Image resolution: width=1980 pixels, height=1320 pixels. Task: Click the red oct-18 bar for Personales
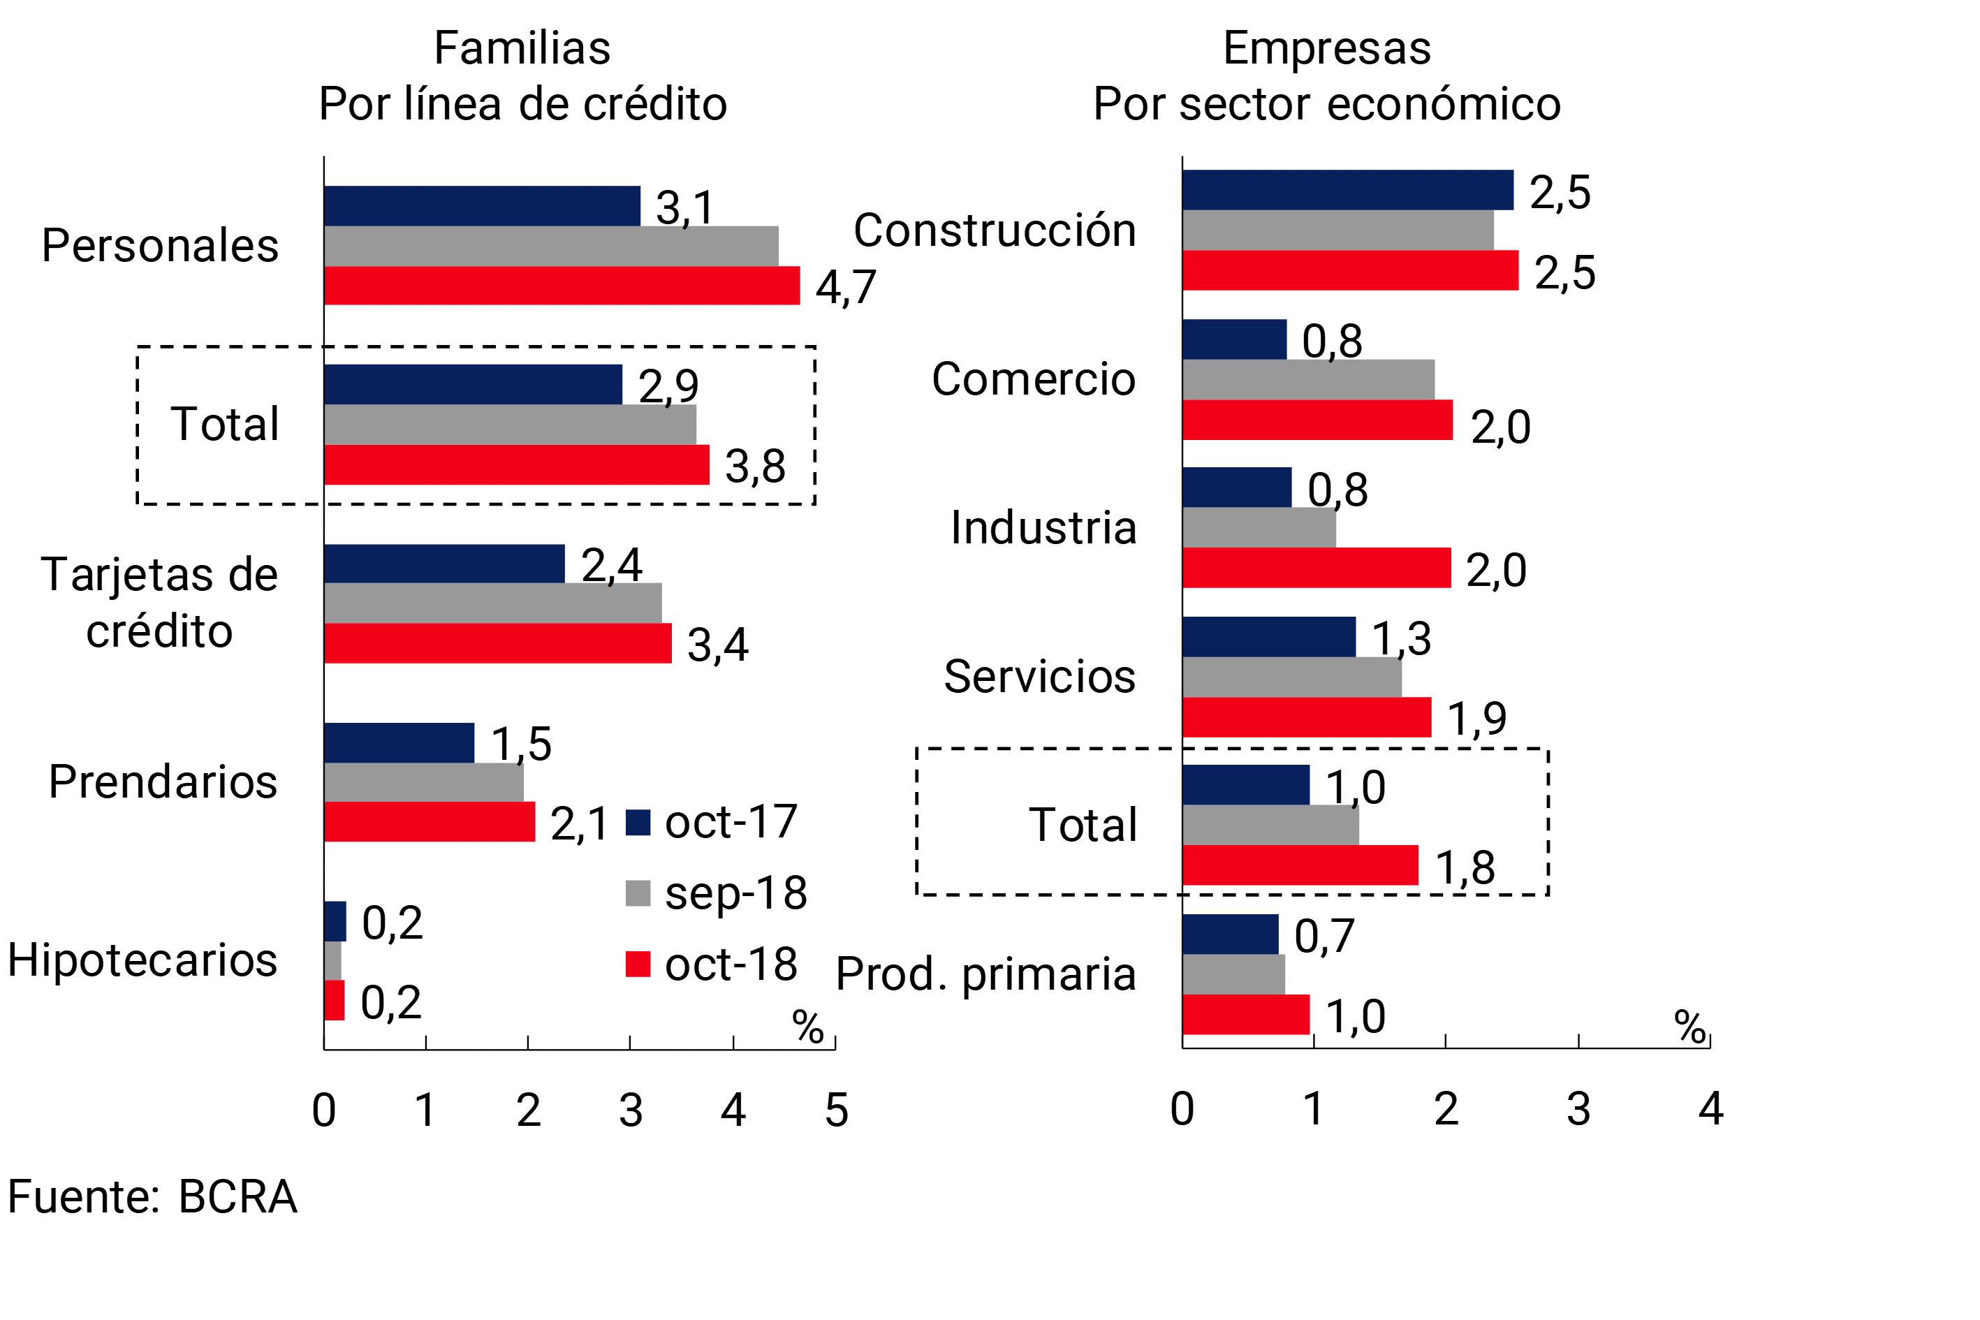tap(562, 286)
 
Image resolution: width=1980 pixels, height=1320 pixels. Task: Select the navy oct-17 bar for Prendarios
tap(399, 742)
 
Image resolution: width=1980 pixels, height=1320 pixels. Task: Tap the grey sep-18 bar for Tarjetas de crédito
tap(492, 603)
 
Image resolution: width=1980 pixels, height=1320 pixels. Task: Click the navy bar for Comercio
tap(1234, 339)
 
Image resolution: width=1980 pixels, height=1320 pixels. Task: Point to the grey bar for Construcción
tap(1337, 230)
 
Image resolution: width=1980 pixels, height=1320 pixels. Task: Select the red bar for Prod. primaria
tap(1246, 1014)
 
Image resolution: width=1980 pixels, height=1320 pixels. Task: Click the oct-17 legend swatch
tap(638, 823)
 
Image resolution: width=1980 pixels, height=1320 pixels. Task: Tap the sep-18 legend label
tap(735, 893)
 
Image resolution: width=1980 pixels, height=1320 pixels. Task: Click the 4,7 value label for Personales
tap(845, 287)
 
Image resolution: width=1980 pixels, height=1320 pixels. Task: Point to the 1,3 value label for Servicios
tap(1402, 638)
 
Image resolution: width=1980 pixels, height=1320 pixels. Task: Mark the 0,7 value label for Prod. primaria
tap(1324, 935)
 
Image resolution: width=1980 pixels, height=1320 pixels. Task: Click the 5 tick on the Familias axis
tap(836, 1110)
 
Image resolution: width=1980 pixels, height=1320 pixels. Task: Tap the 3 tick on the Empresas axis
tap(1578, 1108)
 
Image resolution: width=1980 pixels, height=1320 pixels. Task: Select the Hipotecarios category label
tap(142, 960)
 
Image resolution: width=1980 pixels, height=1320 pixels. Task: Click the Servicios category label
tap(1040, 676)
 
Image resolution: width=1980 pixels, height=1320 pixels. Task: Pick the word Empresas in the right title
tap(1327, 48)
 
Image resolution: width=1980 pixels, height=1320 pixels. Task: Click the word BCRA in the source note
tap(238, 1196)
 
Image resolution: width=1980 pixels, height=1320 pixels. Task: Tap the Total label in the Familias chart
tap(225, 423)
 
